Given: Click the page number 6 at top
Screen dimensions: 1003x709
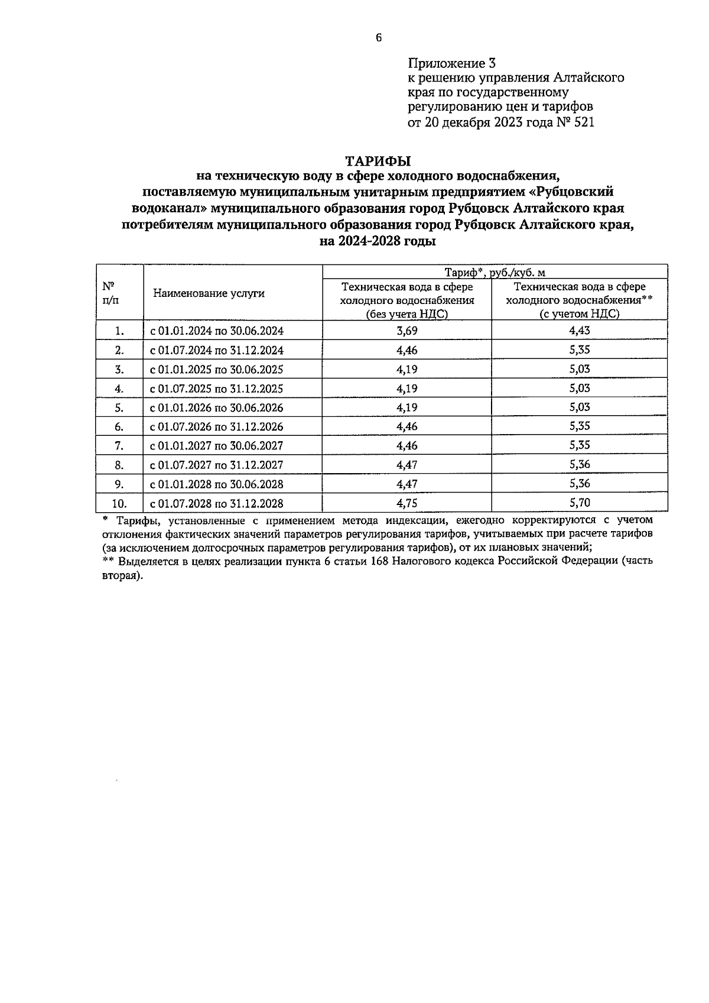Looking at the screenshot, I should click(x=379, y=38).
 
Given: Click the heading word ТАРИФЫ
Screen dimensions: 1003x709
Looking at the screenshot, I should click(x=378, y=161).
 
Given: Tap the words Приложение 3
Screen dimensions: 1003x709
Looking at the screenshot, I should click(x=451, y=63).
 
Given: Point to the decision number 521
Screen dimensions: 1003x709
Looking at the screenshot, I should click(x=582, y=122).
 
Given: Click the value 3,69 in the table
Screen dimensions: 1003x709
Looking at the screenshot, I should click(x=406, y=331).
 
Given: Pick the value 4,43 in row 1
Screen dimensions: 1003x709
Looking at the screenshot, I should click(x=579, y=331).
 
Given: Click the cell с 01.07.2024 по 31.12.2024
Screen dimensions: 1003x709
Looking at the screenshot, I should click(x=217, y=350).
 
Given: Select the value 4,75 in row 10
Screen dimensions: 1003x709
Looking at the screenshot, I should click(x=406, y=503).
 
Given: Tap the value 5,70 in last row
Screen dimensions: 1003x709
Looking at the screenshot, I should click(x=579, y=503).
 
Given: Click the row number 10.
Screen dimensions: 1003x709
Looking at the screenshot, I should click(x=119, y=503).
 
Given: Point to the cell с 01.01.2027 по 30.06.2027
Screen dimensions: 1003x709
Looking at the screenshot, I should click(x=217, y=446).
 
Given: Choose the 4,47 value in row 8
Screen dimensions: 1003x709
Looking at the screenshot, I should click(x=406, y=465).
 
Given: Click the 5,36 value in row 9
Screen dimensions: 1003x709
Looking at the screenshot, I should click(x=579, y=484).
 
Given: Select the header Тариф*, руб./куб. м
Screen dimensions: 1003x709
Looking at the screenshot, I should click(x=495, y=272).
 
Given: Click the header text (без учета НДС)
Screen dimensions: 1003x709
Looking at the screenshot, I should click(x=406, y=314).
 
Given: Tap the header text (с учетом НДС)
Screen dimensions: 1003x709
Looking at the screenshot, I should click(x=579, y=314).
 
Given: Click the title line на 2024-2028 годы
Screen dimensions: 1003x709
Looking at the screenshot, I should click(x=378, y=241).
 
